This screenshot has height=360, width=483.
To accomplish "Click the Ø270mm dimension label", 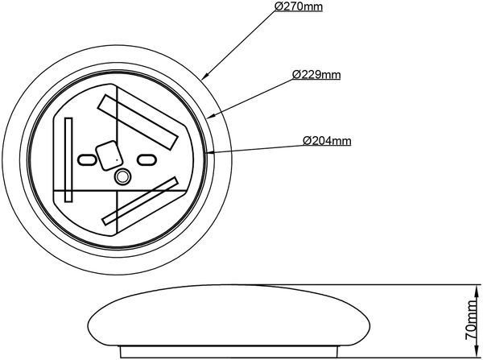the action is coord(299,6).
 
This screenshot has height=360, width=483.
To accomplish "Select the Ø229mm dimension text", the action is coord(316,75).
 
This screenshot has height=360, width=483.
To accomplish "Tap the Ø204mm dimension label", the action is coord(327,141).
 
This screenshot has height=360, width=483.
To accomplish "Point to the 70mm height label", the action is coord(471,319).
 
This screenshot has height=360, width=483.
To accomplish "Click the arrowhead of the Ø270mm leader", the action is coord(205,76).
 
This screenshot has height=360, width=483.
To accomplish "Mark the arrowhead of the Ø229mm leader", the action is coord(211,116).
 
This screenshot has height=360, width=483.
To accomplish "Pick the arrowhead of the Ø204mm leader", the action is coord(209,151).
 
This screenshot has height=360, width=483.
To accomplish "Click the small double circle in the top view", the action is coord(122,176).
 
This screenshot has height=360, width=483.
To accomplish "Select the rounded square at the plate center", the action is coord(109,155).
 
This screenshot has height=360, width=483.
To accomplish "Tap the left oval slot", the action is coord(87,159).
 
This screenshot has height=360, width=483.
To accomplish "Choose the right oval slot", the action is coord(146,159).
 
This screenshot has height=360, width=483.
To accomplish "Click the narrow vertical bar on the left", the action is coord(68,159).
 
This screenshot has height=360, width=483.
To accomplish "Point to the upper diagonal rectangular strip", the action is coord(138,122).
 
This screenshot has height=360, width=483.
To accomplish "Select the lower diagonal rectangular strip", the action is coord(140,201).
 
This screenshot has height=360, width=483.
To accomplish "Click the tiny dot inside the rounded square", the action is coord(117,160).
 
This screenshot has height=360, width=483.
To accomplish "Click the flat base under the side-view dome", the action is coord(229,352).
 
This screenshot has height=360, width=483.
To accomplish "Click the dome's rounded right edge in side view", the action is coord(369,325).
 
